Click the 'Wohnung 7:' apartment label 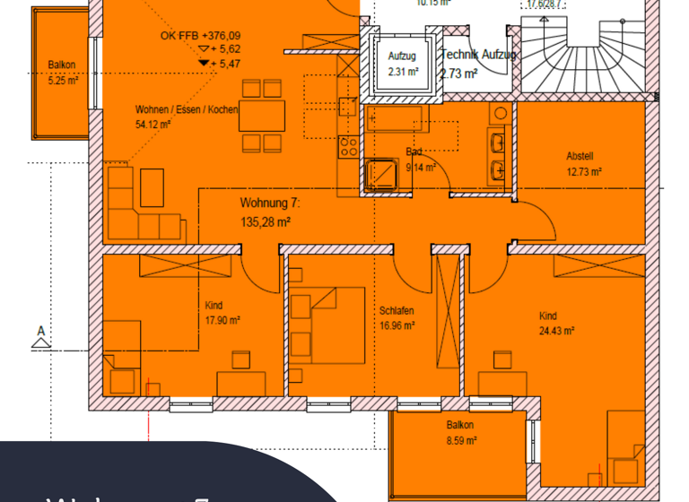(x=270, y=203)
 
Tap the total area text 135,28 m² (x=266, y=221)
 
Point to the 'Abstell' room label (x=580, y=155)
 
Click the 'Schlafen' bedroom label (x=396, y=311)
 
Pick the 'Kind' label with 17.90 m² (x=214, y=306)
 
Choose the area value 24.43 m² (x=556, y=331)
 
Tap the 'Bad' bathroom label (x=414, y=152)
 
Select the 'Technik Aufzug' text (x=478, y=55)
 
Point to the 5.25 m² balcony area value (x=62, y=79)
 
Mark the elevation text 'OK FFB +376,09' (x=201, y=36)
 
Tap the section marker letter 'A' (x=39, y=332)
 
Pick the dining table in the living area (x=262, y=116)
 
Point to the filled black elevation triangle (x=203, y=64)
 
